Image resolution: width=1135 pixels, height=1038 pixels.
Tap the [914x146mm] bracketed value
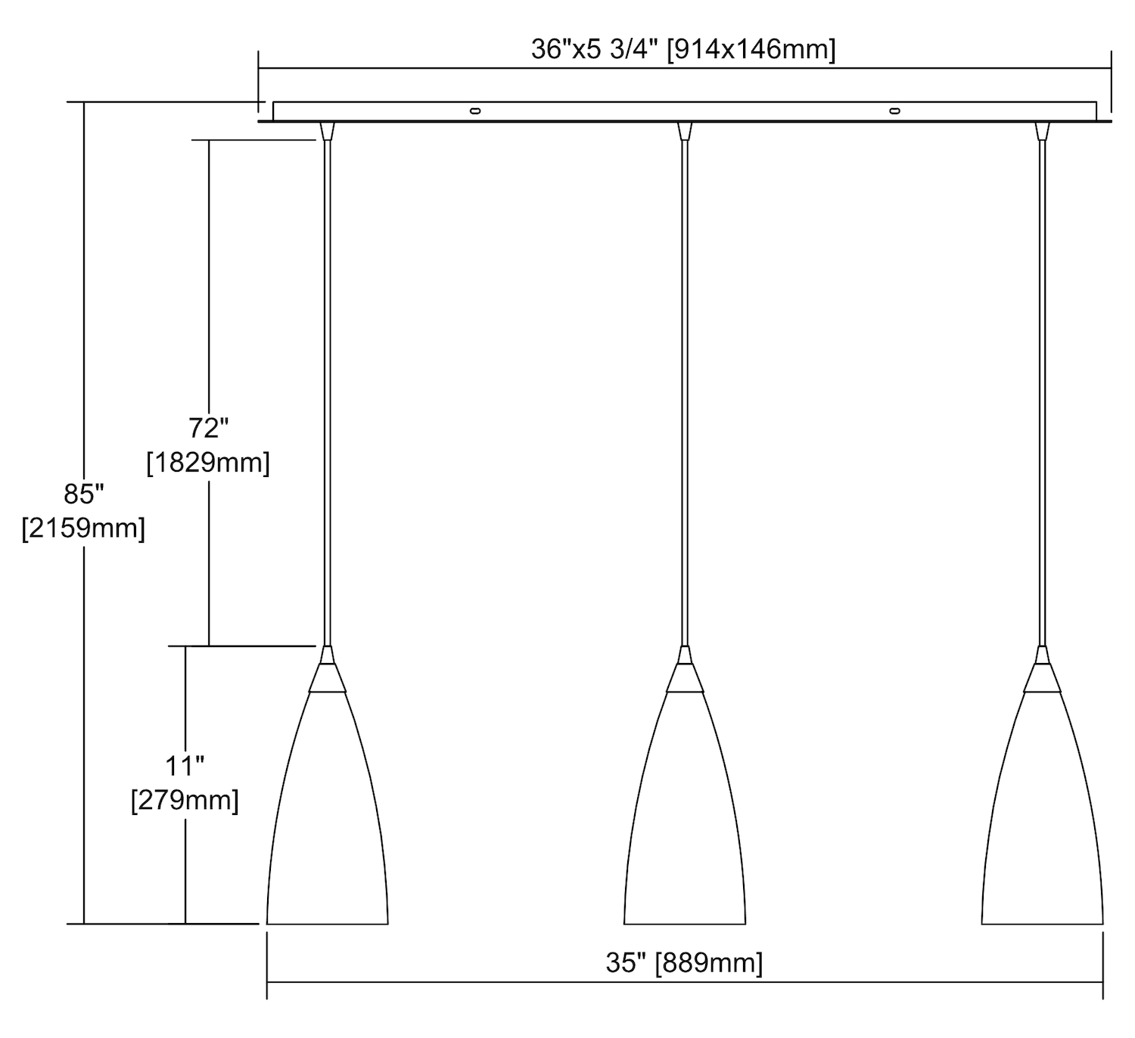point(751,50)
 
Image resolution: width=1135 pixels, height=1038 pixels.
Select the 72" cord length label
point(208,428)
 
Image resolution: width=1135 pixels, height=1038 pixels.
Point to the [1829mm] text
point(208,463)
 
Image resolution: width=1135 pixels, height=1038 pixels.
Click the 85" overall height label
point(84,494)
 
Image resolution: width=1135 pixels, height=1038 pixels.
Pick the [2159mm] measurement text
point(84,528)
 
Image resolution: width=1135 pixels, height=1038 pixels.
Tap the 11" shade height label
point(185,766)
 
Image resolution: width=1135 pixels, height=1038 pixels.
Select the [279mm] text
point(185,801)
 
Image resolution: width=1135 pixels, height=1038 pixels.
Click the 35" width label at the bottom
point(626,963)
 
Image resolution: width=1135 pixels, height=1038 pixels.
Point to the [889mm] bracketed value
point(709,963)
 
